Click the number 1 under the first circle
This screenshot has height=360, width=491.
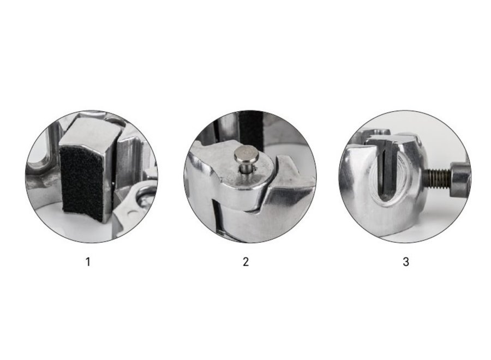click(88, 261)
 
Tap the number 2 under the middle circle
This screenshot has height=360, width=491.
click(246, 261)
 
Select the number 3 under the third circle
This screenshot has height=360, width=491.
click(406, 261)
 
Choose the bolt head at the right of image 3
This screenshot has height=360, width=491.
click(460, 180)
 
